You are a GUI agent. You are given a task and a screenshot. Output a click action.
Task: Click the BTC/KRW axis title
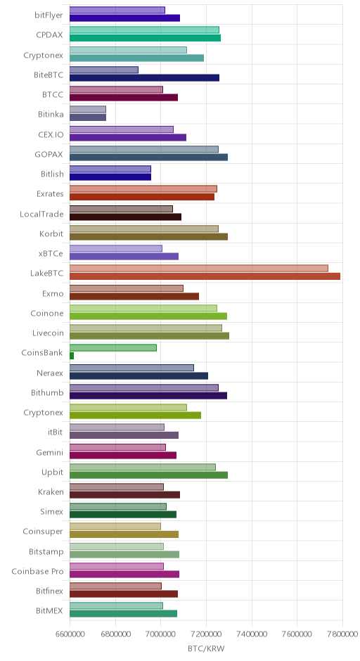click(x=206, y=648)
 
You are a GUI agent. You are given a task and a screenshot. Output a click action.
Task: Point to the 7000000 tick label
click(x=160, y=634)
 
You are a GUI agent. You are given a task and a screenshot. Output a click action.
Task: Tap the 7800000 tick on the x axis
click(x=342, y=634)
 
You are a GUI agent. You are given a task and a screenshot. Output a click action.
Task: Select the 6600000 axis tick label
click(x=70, y=634)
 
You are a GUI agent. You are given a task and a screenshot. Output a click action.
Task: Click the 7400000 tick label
click(x=252, y=634)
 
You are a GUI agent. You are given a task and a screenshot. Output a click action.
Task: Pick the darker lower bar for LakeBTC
click(x=205, y=276)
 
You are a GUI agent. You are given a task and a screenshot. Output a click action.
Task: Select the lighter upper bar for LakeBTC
click(x=198, y=269)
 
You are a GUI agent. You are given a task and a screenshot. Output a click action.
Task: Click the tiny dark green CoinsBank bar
click(x=72, y=356)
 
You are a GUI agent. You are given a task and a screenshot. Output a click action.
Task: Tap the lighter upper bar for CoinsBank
click(x=113, y=348)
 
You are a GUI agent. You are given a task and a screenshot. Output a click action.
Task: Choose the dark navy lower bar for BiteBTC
click(x=144, y=77)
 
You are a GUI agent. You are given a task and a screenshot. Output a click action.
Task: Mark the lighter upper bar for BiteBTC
click(x=103, y=70)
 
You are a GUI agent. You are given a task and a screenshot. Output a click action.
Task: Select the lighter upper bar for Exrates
click(x=143, y=189)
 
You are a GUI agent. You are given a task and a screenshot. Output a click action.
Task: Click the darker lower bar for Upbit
click(x=148, y=475)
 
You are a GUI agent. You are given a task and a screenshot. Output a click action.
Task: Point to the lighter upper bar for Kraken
click(x=116, y=487)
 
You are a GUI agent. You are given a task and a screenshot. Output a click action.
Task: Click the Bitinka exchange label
click(x=51, y=114)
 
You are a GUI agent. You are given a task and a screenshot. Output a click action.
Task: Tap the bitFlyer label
click(x=49, y=15)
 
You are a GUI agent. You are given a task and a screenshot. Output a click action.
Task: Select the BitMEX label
click(x=50, y=611)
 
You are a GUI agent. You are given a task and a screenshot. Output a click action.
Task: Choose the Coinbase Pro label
click(x=37, y=571)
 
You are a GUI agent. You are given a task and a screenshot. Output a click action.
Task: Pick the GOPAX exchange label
click(x=49, y=154)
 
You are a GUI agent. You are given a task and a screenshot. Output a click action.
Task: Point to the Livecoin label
click(x=48, y=333)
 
